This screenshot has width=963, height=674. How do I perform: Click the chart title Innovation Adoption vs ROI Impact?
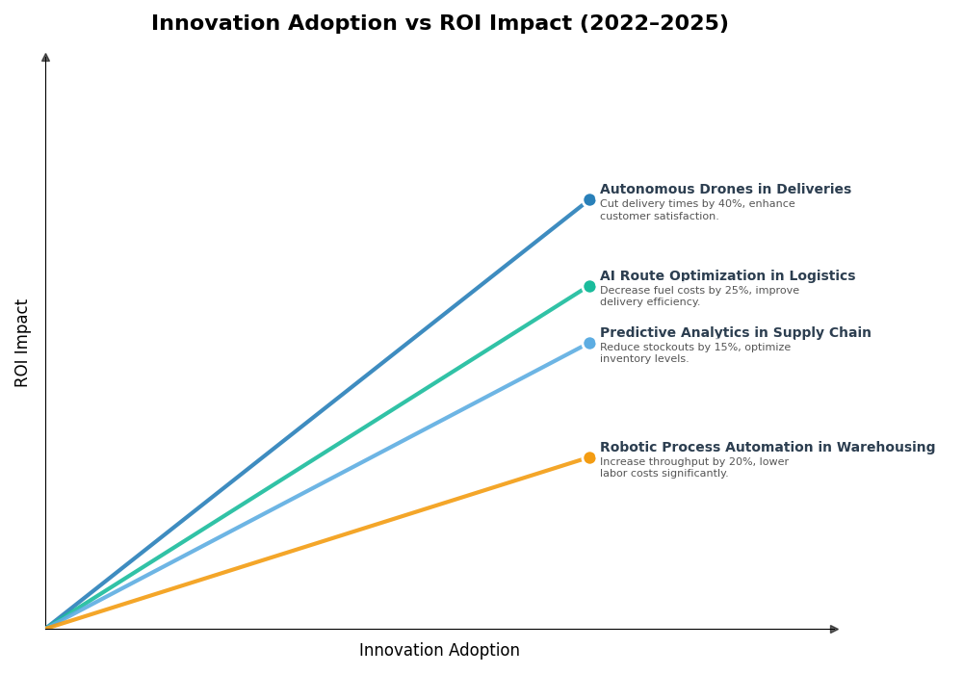439,24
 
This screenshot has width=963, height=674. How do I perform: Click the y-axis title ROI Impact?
22,343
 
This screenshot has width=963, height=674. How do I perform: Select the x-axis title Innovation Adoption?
439,651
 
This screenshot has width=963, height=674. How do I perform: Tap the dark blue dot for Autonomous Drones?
589,200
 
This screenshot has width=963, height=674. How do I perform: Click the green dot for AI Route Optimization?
589,286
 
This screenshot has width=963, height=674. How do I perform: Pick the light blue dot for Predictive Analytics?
589,343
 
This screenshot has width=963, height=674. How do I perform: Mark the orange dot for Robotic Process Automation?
589,457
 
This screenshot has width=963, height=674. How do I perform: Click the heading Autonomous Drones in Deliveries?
725,190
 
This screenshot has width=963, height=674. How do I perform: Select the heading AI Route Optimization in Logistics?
727,276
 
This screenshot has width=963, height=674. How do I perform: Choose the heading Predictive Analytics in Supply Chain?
735,333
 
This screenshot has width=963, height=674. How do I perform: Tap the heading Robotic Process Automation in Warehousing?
768,448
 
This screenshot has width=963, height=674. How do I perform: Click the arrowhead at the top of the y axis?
45,58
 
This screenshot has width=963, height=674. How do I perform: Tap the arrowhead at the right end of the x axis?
834,629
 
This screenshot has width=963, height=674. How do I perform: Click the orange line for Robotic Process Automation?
318,543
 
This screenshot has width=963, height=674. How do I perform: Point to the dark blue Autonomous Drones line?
318,414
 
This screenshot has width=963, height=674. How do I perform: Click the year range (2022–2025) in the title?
653,24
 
